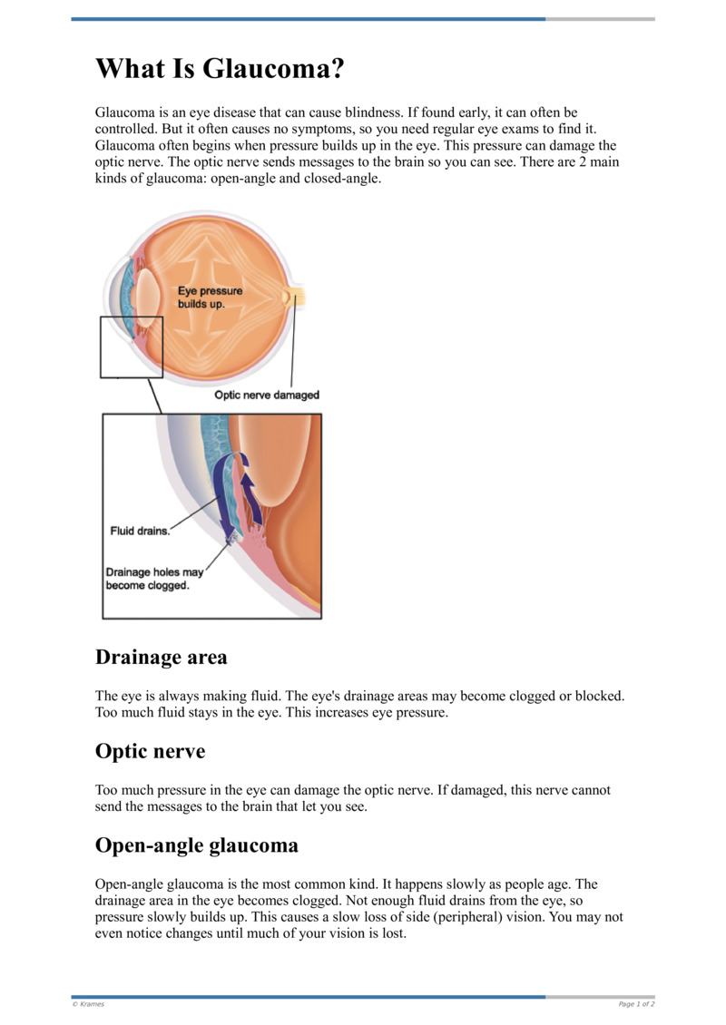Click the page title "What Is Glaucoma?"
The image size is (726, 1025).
tap(219, 69)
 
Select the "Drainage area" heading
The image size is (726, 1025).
tap(161, 656)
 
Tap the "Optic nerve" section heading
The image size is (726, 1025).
tap(150, 751)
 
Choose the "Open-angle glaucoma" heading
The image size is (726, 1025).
tap(196, 845)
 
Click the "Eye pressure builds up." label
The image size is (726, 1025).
tap(210, 298)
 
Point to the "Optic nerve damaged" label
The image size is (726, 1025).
tap(267, 395)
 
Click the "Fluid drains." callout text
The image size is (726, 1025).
tap(140, 531)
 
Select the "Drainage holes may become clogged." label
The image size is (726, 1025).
tap(153, 579)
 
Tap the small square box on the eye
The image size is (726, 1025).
tap(131, 347)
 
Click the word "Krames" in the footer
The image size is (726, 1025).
tap(91, 1004)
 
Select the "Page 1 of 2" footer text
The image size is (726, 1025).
tap(636, 1004)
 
